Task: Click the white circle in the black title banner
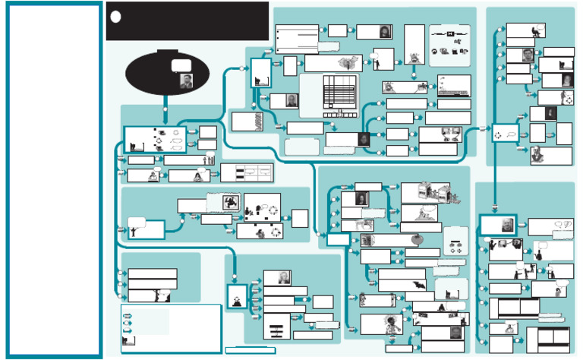(x=115, y=17)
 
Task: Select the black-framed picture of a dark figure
(x=229, y=202)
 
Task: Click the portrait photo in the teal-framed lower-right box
(x=506, y=226)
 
